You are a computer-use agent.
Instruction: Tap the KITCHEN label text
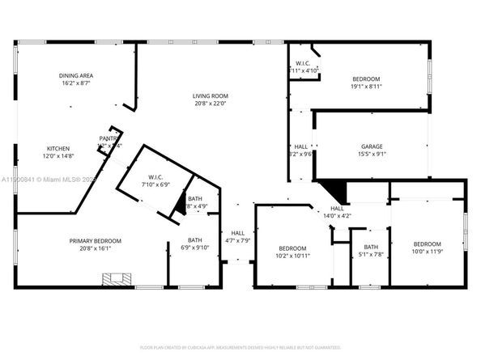pyautogui.click(x=57, y=148)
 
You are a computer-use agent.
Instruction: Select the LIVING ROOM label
pyautogui.click(x=209, y=95)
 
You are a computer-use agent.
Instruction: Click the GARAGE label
pyautogui.click(x=372, y=146)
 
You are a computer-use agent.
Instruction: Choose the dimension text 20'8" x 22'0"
pyautogui.click(x=209, y=104)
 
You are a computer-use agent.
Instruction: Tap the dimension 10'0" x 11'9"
pyautogui.click(x=427, y=252)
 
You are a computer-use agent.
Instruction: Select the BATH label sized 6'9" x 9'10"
pyautogui.click(x=194, y=239)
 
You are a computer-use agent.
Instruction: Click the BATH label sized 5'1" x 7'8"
pyautogui.click(x=371, y=248)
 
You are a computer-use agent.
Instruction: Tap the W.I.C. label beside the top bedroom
pyautogui.click(x=303, y=64)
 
